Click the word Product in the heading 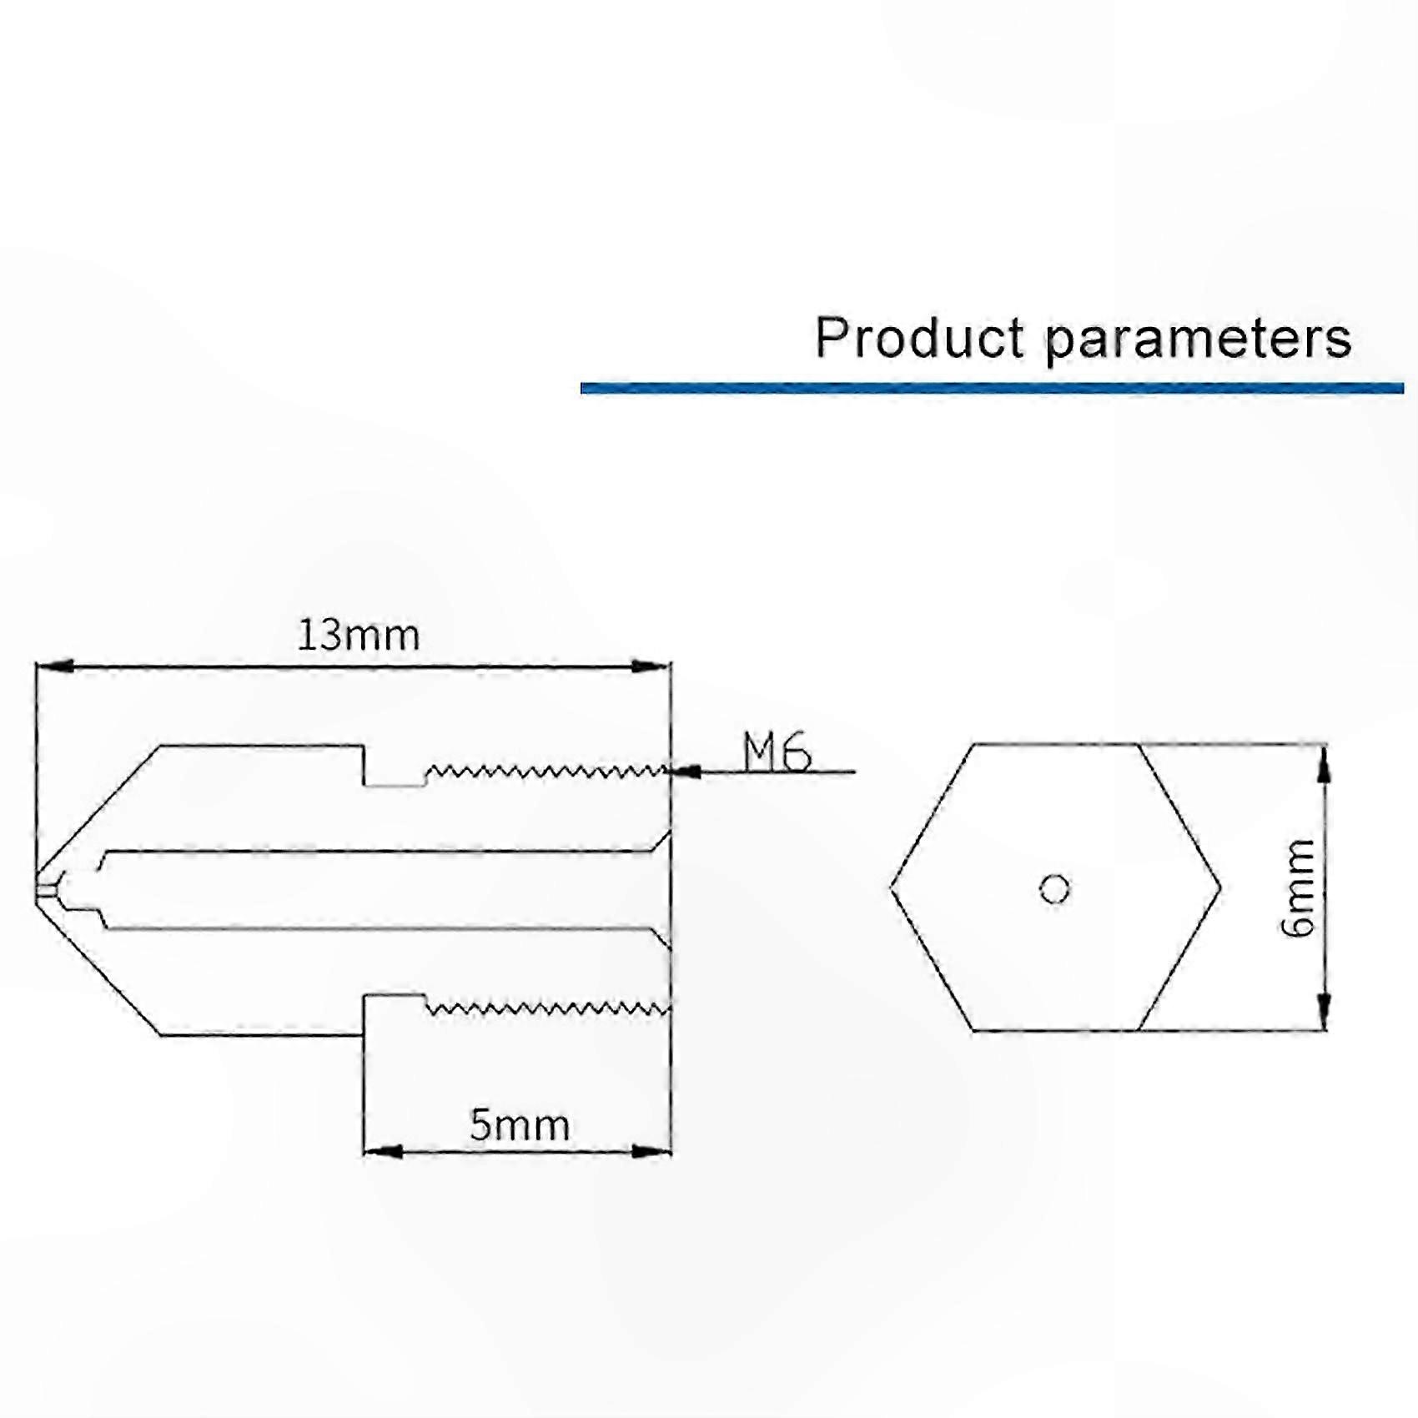coord(919,338)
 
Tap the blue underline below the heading coord(992,388)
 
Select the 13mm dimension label coord(359,636)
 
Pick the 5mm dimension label coord(520,1125)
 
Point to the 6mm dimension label coord(1298,888)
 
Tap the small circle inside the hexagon coord(1054,889)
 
